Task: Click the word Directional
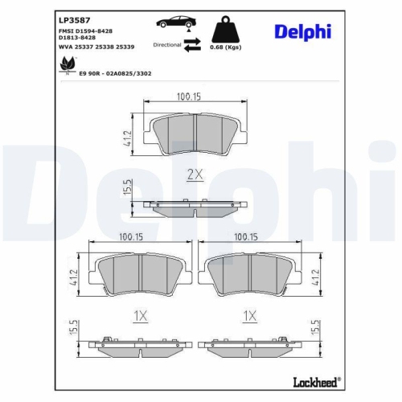click(167, 46)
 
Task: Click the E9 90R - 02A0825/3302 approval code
click(109, 72)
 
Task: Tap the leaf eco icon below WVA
click(64, 71)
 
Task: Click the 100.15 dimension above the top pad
click(187, 96)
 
